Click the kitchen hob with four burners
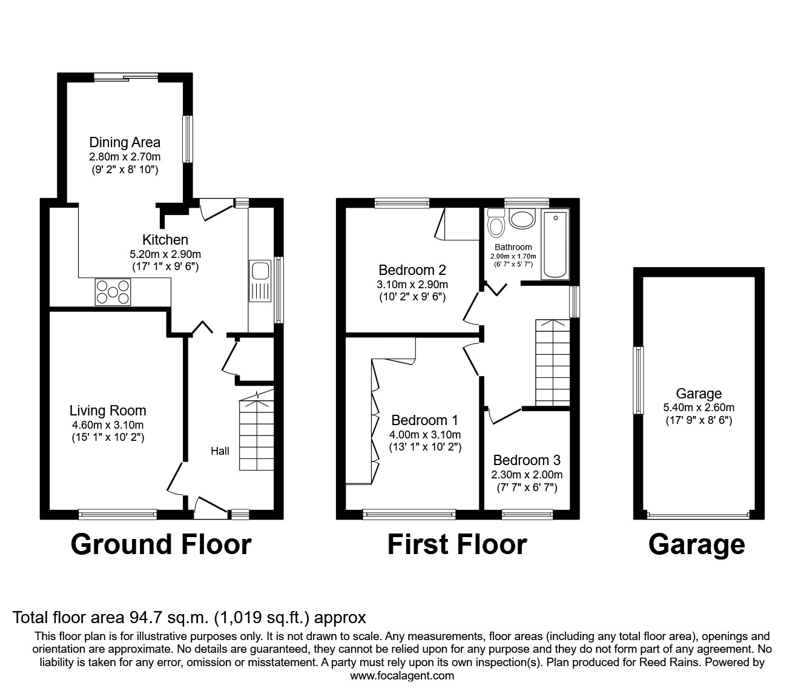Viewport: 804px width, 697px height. coord(112,291)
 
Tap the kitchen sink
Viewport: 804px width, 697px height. coord(261,281)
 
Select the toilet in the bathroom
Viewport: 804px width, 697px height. coord(496,223)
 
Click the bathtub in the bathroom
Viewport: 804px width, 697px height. coord(555,245)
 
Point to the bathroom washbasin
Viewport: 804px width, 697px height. coord(521,218)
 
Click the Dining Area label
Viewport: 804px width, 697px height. coord(125,142)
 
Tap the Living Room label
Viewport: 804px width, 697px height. coord(108,411)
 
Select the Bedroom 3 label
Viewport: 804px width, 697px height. coord(526,460)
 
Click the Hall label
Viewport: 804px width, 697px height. coord(220,451)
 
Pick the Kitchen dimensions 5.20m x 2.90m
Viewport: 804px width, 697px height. coord(165,254)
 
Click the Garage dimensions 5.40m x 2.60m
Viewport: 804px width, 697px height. coord(698,408)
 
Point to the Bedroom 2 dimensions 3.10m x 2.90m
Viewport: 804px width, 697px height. coord(412,285)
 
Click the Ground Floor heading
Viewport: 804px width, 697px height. coord(161,544)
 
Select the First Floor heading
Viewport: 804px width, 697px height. coord(457,544)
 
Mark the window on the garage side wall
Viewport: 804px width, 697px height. coord(638,380)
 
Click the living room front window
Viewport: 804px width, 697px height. coord(117,514)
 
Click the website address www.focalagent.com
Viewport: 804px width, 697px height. coord(402,676)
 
